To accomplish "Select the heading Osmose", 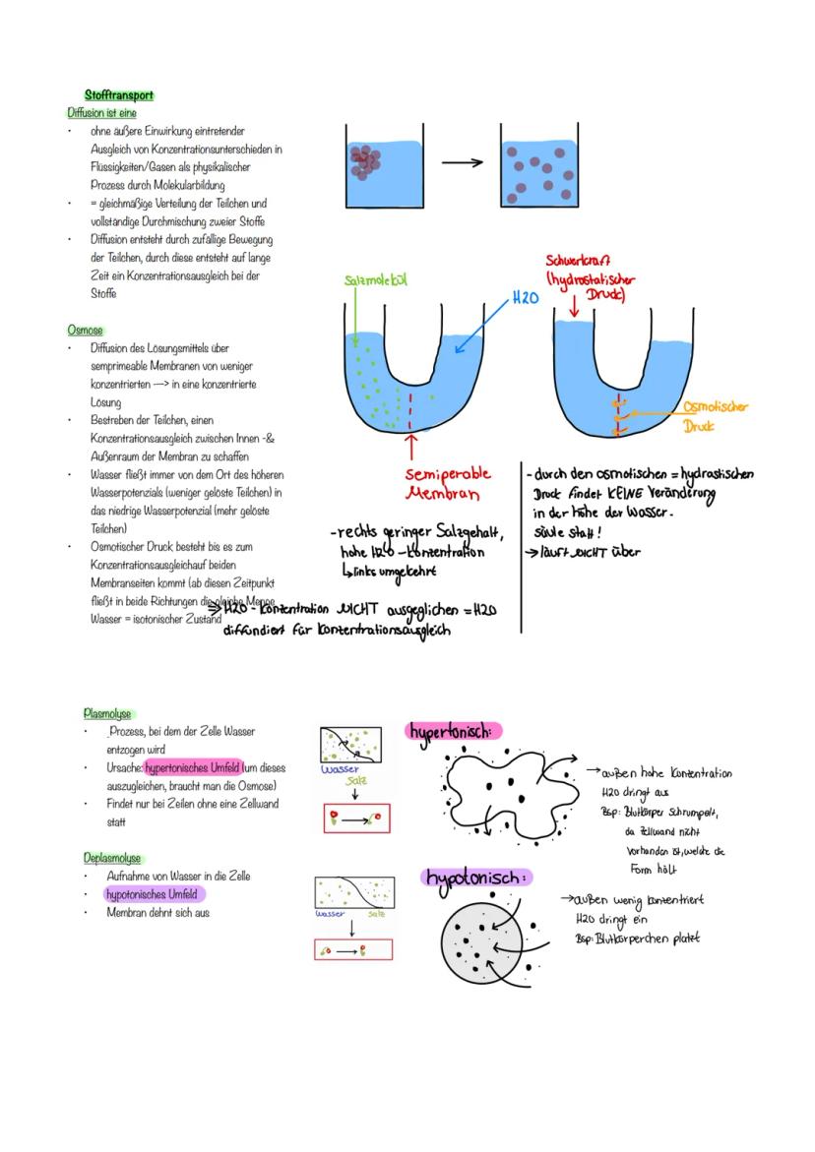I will tap(85, 331).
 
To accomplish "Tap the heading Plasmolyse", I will tap(107, 714).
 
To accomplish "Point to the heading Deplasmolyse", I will tap(112, 858).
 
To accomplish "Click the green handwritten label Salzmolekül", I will tap(375, 281).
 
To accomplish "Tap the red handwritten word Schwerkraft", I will tap(578, 262).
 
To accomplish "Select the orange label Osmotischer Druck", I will tap(714, 416).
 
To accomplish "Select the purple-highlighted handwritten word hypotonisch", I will tap(476, 877).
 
